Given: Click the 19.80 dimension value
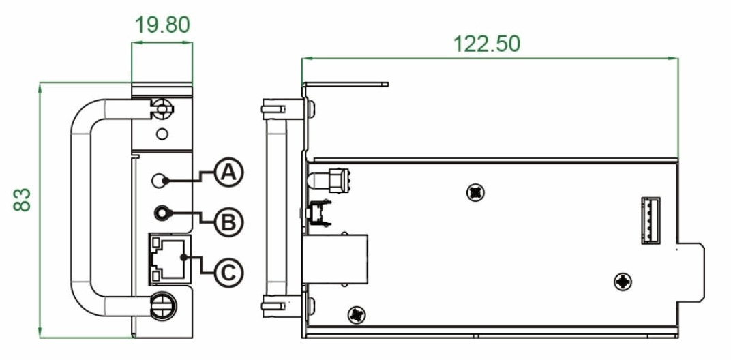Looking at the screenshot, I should [x=162, y=25].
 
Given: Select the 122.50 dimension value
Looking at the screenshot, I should [x=486, y=43].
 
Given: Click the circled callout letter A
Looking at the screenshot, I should [x=228, y=173].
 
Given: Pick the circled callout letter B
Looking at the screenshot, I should [x=228, y=221].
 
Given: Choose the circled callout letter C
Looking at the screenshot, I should [x=228, y=272].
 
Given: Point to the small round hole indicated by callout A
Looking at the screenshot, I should [x=158, y=181].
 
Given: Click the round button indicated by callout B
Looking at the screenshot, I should [x=162, y=214].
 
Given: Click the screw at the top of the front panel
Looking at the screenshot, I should [x=162, y=109].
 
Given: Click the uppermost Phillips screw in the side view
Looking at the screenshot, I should [x=475, y=193].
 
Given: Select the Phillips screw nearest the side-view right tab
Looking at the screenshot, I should [x=623, y=280].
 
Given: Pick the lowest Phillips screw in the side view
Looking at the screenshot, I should [x=357, y=314].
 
